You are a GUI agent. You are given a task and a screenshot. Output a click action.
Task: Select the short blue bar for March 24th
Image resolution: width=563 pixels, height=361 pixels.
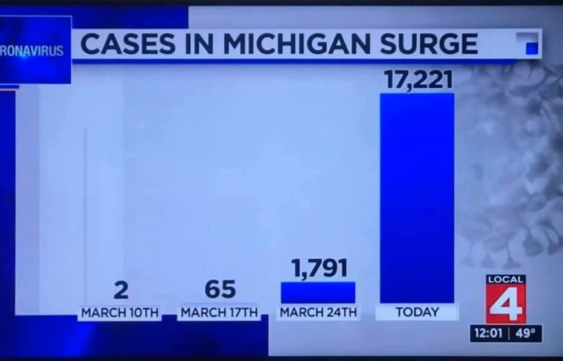(x=318, y=293)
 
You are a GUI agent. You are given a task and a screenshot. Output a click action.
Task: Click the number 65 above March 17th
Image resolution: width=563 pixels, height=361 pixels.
(x=220, y=289)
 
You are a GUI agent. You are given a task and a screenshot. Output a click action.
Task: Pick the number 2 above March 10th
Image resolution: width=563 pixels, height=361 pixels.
(x=121, y=290)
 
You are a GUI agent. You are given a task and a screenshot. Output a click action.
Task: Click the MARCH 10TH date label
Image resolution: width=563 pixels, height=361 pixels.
(x=120, y=313)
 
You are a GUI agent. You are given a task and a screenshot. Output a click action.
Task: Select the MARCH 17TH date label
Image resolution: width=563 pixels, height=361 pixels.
(x=219, y=313)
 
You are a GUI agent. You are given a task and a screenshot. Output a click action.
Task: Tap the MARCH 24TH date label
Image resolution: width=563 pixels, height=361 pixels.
(x=318, y=313)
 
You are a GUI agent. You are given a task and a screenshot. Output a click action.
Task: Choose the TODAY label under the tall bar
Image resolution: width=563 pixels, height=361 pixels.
(x=417, y=313)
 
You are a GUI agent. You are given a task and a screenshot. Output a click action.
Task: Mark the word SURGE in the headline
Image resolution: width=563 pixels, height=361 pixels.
(x=434, y=44)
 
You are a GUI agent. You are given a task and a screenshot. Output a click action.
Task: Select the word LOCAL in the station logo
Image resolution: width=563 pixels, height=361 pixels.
(x=506, y=280)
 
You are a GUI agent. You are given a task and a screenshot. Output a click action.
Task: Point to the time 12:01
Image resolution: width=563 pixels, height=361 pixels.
(x=487, y=334)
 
